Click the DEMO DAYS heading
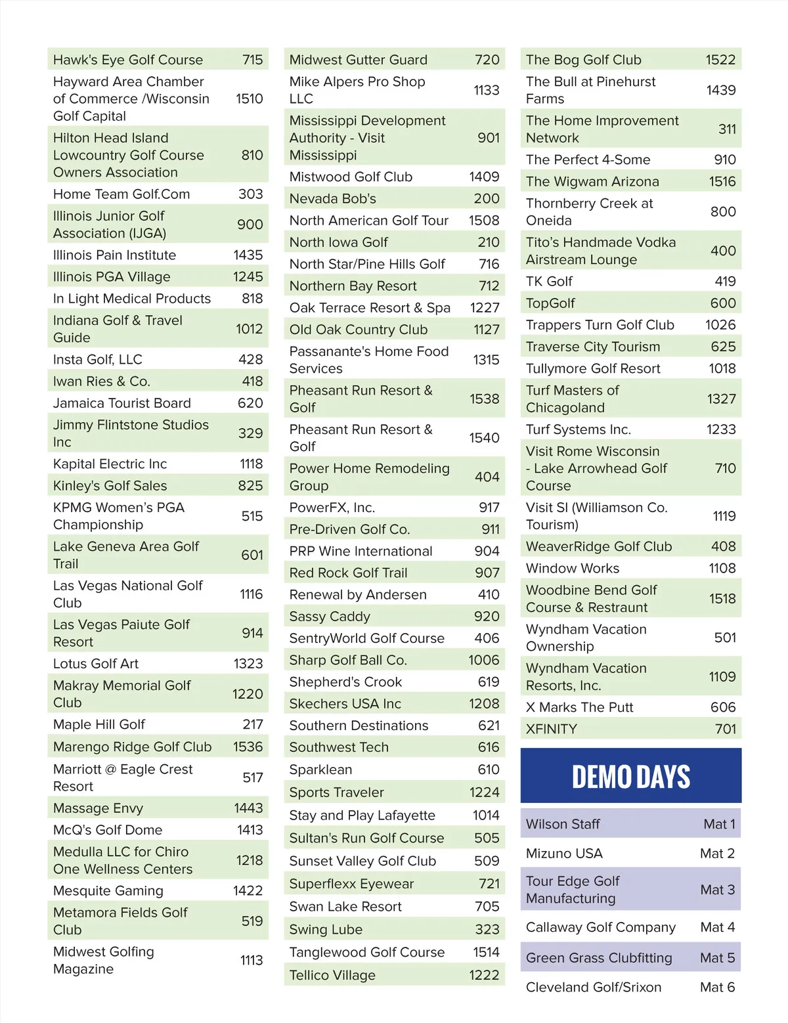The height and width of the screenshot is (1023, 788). pos(630,777)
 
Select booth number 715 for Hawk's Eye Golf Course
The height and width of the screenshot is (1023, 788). pos(252,60)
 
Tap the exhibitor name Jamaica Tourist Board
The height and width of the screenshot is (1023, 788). pos(122,403)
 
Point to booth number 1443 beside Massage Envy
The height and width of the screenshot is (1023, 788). pos(248,808)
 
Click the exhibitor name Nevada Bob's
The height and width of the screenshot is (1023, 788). pos(333,199)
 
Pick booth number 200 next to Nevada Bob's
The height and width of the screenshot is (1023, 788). pos(487,199)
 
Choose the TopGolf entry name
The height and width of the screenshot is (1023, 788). pos(550,303)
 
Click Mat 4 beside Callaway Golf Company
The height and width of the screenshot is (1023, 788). pos(717,927)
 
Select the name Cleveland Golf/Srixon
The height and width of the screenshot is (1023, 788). pos(594,987)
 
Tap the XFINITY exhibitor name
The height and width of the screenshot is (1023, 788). pos(552,729)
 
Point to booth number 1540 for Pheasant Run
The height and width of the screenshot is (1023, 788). pos(484,438)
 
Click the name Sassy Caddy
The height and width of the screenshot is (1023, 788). pos(330,617)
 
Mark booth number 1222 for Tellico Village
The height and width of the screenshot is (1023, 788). pos(484,975)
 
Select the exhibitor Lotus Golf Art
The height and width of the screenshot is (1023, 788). pos(96,664)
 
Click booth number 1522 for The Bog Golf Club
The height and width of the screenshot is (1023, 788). pos(720,60)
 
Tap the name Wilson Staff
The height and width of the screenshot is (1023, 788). pos(563,824)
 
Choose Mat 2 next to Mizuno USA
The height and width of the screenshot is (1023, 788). pos(717,854)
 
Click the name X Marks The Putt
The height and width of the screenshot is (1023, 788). pos(580,707)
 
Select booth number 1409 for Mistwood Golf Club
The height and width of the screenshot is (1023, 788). pos(484,177)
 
